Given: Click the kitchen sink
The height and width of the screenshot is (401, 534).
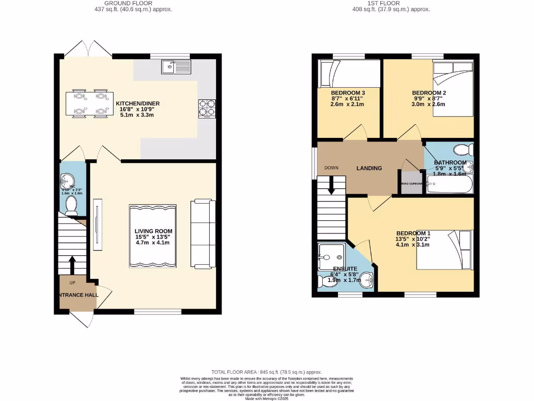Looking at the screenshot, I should [177, 66].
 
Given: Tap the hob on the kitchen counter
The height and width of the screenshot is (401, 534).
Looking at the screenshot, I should [207, 108].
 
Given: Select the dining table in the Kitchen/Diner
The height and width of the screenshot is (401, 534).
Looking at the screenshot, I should [89, 104].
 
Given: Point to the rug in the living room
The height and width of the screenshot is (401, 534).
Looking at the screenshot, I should [153, 237].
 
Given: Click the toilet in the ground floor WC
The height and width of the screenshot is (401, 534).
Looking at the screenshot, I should [72, 207].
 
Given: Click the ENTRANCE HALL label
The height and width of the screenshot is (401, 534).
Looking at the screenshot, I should [77, 295].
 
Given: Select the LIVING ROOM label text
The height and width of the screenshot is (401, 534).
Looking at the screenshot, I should [153, 231].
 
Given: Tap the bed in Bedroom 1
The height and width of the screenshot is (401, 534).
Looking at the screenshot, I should [445, 250].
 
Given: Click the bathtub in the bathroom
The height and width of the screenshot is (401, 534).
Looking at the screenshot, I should [449, 184].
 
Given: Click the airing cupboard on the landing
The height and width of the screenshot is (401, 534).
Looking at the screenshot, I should [411, 183].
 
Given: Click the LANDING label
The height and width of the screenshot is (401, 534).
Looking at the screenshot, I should [369, 168].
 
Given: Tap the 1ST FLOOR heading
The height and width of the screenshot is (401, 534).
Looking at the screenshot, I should [383, 3].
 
